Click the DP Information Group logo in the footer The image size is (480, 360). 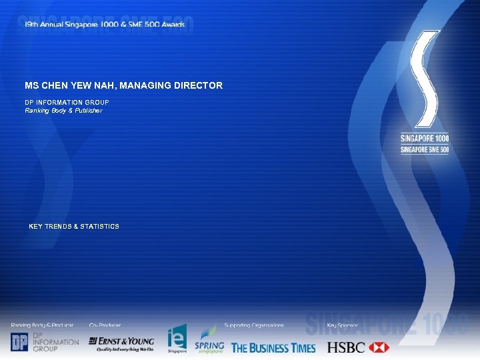coord(44,342)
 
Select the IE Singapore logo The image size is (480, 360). coord(177,339)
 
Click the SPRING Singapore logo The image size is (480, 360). coord(209,340)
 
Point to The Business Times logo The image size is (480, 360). coord(273,347)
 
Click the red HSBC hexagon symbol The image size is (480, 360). coord(378,347)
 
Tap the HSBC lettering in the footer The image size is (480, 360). coord(346,347)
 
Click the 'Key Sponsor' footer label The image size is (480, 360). coord(342,325)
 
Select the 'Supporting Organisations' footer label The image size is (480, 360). coord(254,325)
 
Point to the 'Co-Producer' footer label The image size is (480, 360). coord(105,325)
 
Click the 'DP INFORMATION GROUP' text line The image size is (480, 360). coord(67,102)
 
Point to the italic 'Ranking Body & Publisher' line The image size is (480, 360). coord(63,111)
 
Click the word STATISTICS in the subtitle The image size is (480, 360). coord(99,227)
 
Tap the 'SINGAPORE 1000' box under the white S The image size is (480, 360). coord(425,138)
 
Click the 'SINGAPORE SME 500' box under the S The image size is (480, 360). coord(425,149)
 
